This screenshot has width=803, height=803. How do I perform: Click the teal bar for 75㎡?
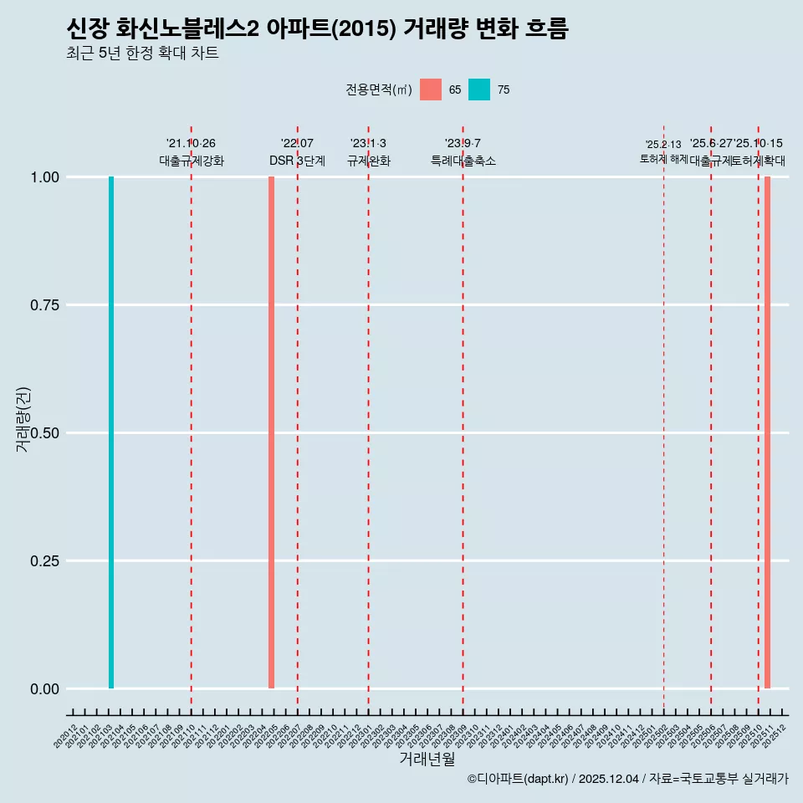pos(111,432)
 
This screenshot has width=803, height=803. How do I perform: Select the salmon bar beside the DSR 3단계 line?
pos(271,432)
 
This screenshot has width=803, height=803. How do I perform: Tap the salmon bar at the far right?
pos(767,432)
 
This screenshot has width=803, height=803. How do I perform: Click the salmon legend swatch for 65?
pos(431,90)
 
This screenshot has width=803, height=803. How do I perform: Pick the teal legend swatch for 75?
pos(479,90)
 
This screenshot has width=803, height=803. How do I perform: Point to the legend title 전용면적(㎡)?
pos(378,90)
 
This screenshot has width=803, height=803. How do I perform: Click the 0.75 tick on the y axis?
pos(45,305)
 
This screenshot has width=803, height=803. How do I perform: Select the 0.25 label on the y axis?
pos(45,561)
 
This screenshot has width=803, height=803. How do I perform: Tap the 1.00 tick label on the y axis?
pos(45,177)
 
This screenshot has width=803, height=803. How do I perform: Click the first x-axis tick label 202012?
pos(66,736)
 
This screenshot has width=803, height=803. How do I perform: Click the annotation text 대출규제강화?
pos(192,161)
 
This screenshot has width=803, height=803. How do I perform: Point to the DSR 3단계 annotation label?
pos(297,161)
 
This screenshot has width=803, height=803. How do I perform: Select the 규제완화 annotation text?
pos(369,161)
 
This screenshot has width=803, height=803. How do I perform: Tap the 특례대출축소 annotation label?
pos(463,161)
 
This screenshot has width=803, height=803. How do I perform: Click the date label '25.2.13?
pos(663,145)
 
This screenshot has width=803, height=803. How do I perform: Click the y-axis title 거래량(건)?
pos(23,419)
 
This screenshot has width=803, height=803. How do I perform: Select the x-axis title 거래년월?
pos(427,759)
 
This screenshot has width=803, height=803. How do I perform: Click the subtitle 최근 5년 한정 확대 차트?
pos(142,54)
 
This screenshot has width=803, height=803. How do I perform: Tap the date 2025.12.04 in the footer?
pos(608,780)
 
